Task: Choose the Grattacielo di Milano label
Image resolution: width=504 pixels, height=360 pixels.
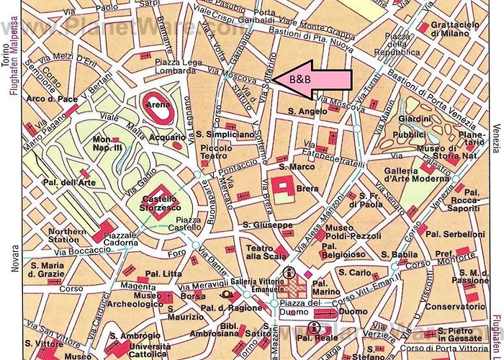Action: coord(454,29)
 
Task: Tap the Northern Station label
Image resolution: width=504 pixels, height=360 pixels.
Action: coord(67,236)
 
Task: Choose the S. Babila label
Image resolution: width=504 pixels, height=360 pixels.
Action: coord(396,255)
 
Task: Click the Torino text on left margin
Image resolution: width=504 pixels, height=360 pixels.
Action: coord(6,53)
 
